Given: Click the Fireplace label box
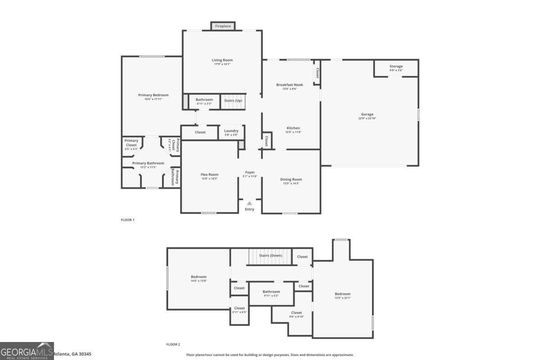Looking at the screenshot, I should [223, 26].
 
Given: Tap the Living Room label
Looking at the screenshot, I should [222, 60].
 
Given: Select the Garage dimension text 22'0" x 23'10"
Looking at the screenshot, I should [367, 118].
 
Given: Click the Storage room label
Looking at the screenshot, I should [396, 66].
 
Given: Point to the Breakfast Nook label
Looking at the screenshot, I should [289, 85].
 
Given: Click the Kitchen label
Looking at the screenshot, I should [292, 128].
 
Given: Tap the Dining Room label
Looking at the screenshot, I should [291, 180].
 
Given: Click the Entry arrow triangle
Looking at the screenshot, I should [249, 203].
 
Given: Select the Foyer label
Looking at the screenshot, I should [250, 172].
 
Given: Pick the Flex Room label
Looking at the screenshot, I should [209, 175].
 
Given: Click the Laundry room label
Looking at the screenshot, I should [231, 131].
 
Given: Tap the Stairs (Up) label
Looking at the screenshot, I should [233, 100].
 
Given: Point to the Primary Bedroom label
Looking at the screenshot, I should [153, 95].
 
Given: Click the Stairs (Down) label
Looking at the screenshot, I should [270, 256].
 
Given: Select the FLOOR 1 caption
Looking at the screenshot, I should [128, 220].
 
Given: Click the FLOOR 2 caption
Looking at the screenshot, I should [173, 345].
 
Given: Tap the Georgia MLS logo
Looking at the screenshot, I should [27, 351].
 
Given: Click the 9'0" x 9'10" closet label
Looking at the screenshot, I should [297, 313].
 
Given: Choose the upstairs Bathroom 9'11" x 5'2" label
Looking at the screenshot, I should [271, 292].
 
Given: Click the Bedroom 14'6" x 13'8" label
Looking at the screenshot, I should [198, 277].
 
